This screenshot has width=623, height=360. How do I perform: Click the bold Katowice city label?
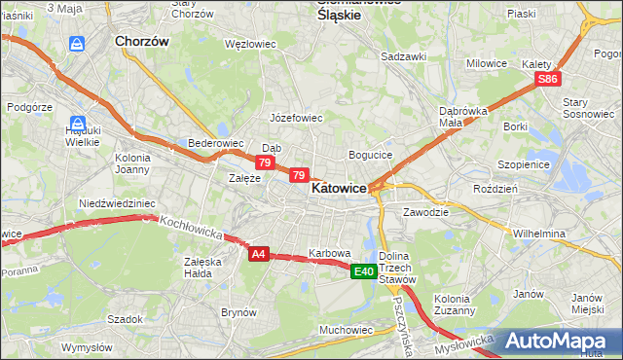(x=339, y=191)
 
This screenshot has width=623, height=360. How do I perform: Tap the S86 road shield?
(x=549, y=79)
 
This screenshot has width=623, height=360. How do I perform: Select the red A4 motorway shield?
(x=258, y=254)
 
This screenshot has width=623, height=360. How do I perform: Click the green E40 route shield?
(x=364, y=271)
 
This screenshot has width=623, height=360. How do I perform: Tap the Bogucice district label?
(x=370, y=155)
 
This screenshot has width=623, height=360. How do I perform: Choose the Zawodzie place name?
(x=425, y=211)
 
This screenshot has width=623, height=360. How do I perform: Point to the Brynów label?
(x=238, y=312)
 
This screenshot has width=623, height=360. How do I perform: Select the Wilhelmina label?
(x=539, y=234)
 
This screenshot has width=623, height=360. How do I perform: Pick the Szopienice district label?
(x=524, y=165)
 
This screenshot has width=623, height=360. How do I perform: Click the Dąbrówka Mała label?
(x=463, y=117)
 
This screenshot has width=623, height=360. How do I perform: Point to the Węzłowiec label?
(x=251, y=45)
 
